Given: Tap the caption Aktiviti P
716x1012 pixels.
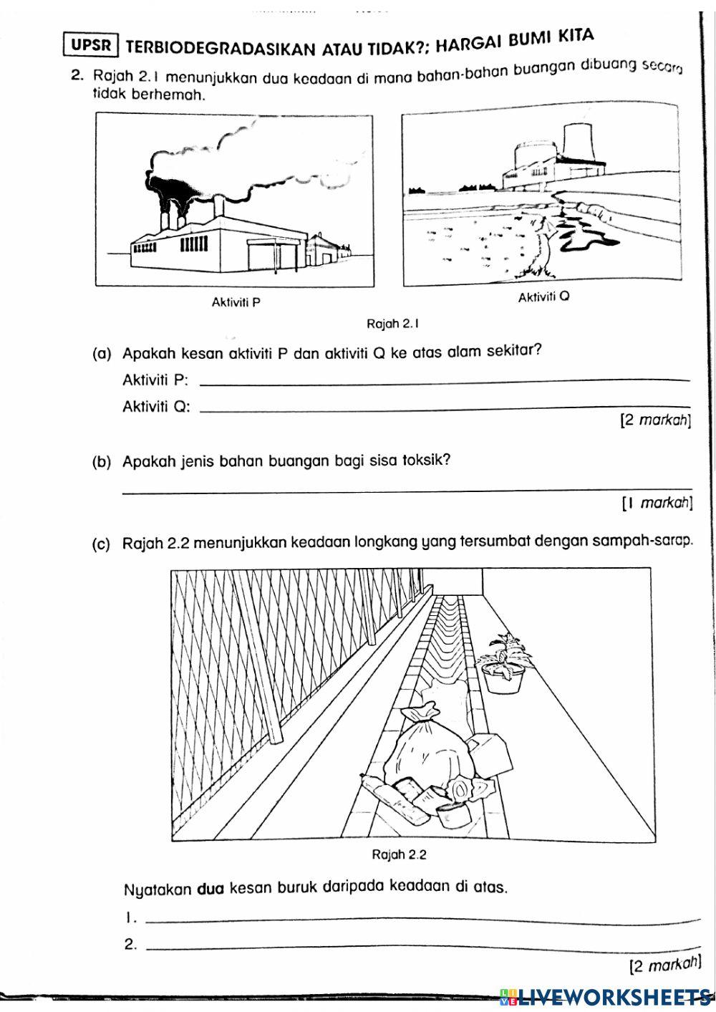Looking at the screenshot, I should (236, 302).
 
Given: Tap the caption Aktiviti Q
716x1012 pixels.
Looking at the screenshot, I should (543, 297).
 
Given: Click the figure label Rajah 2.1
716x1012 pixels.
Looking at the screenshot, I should (392, 324).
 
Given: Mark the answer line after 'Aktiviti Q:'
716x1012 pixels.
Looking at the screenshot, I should (444, 410).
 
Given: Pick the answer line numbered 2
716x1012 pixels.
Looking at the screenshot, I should (422, 949).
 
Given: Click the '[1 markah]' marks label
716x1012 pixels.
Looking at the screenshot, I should (657, 504).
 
